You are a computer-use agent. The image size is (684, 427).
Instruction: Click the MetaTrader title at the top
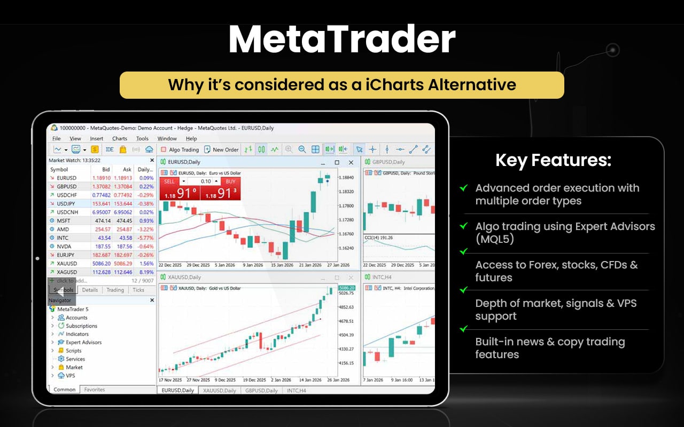point(342,41)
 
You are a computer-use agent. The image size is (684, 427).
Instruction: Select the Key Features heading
point(553,160)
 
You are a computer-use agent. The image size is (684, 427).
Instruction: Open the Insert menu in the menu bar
point(97,139)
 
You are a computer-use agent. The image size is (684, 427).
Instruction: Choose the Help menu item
point(191,139)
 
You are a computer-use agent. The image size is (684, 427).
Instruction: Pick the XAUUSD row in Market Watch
point(67,264)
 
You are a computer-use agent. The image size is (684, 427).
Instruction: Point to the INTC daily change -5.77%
point(145,238)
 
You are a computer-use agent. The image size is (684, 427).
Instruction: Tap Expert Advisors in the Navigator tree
point(83,343)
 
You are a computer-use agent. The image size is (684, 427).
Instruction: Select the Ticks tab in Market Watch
point(138,290)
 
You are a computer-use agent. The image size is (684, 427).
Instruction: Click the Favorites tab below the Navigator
point(95,390)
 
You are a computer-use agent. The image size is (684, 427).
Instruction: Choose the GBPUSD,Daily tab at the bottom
point(261,391)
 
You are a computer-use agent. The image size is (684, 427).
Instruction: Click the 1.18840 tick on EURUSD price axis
point(346,177)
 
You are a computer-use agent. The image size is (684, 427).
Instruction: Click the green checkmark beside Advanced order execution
point(464,188)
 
